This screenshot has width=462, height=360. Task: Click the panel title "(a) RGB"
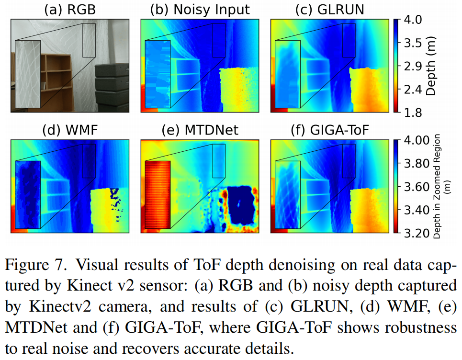pyautogui.click(x=69, y=9)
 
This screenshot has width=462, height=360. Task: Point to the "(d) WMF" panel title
pyautogui.click(x=69, y=130)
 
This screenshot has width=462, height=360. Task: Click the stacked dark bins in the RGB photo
pyautogui.click(x=112, y=86)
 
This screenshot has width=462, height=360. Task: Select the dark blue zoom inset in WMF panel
pyautogui.click(x=28, y=193)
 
